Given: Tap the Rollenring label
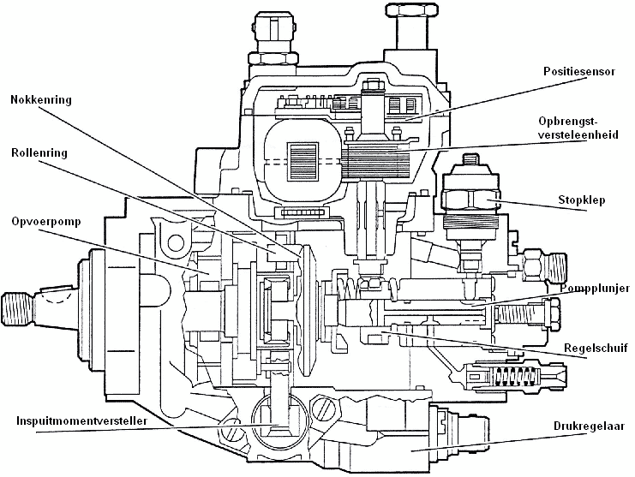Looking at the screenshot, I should [39, 153].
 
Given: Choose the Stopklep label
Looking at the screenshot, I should [583, 200].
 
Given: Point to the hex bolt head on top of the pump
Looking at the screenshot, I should [411, 11].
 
